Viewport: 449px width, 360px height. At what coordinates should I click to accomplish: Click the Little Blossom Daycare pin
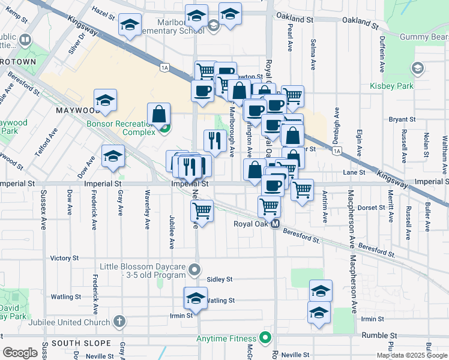click(194, 270)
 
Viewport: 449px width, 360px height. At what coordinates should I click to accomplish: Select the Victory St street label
click(64, 258)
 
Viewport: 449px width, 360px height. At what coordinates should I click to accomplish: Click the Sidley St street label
click(219, 280)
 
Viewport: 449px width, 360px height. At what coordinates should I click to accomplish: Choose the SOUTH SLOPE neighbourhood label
click(81, 343)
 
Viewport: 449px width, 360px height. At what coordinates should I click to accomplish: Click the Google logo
click(19, 353)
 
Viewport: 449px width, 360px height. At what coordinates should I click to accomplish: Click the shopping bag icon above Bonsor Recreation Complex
click(158, 113)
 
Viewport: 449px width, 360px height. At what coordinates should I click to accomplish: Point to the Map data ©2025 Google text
click(412, 355)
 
